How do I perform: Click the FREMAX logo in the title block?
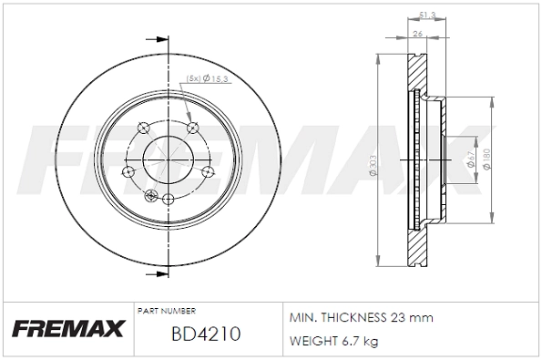pyautogui.click(x=66, y=328)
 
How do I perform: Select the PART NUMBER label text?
pyautogui.click(x=166, y=311)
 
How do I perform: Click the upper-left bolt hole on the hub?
pyautogui.click(x=139, y=127)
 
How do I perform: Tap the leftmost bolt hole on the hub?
pyautogui.click(x=129, y=170)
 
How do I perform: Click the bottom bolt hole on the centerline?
pyautogui.click(x=169, y=198)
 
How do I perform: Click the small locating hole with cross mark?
pyautogui.click(x=150, y=192)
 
